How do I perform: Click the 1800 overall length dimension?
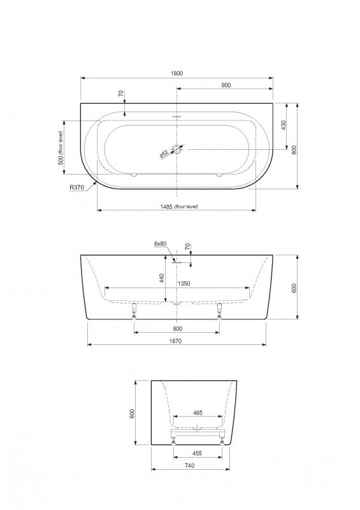coord(176,73)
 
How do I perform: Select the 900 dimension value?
coord(226,85)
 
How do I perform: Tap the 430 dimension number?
coord(284,126)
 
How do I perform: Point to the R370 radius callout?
coord(76,187)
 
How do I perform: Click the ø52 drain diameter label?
coord(164,154)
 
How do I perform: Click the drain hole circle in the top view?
coord(176,149)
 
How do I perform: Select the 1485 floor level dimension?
coord(179,206)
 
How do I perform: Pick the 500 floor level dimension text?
coord(61,148)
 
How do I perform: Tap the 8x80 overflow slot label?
coord(160,244)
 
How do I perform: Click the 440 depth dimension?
coord(162,278)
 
